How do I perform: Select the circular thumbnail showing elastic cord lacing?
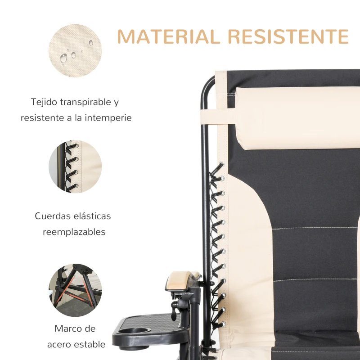pos(75,166)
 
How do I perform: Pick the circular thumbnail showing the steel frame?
pos(75,284)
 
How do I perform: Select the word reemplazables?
pos(74,232)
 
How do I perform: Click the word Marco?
pos(68,328)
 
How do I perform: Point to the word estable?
pos(90,345)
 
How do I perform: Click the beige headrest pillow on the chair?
pos(297,118)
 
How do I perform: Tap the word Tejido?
pos(45,102)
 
